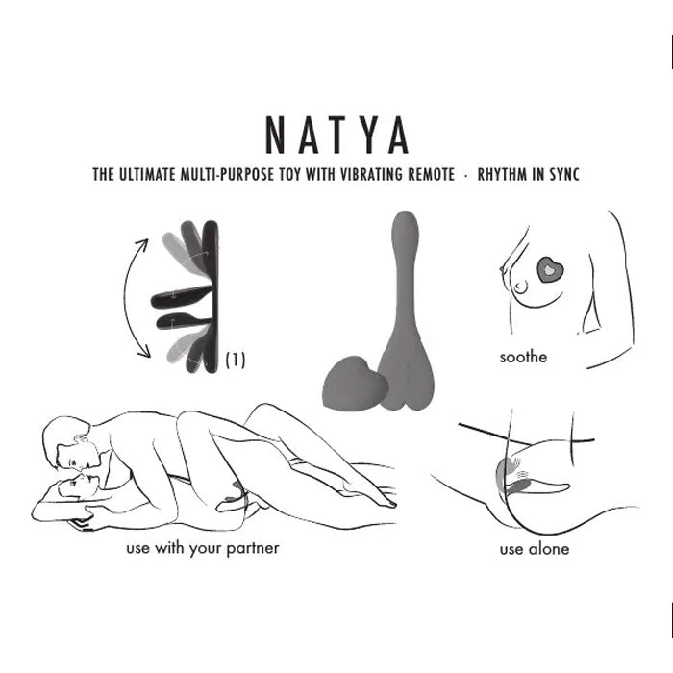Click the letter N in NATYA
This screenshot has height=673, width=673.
tap(275, 136)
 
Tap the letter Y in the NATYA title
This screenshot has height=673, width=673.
tap(364, 136)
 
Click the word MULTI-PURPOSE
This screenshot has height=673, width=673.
tap(227, 174)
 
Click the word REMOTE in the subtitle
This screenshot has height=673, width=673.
tap(431, 174)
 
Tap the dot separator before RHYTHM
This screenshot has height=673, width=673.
tap(465, 175)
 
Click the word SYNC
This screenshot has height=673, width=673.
tap(565, 174)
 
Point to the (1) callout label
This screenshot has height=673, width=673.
tap(236, 361)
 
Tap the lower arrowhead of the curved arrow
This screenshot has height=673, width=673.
tap(144, 352)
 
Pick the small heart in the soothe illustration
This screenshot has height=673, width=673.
tap(550, 269)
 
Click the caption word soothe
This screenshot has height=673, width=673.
tap(523, 357)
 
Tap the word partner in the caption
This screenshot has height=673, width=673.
tap(252, 549)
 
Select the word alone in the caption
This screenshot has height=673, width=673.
tap(549, 549)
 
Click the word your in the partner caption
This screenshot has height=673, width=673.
tap(205, 549)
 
